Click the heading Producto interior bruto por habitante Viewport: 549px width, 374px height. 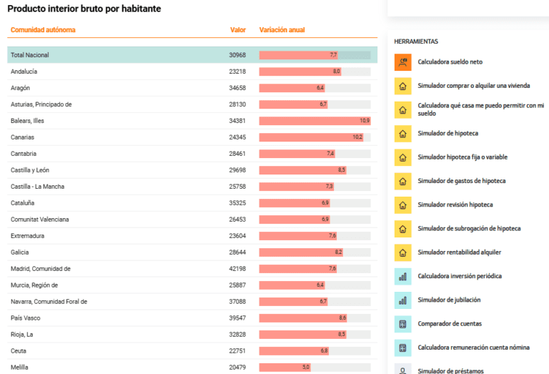click(x=84, y=9)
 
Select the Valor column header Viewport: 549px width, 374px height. click(x=238, y=30)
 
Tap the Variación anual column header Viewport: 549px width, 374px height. click(x=282, y=30)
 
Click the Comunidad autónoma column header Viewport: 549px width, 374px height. click(x=43, y=30)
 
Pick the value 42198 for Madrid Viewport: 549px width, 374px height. click(x=237, y=269)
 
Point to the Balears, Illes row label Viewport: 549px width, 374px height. click(x=27, y=121)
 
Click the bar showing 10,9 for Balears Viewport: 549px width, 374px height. click(x=315, y=121)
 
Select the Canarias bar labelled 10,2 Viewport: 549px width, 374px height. click(x=311, y=137)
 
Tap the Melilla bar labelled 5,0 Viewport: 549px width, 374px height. click(x=285, y=368)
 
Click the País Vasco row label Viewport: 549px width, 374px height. click(x=26, y=318)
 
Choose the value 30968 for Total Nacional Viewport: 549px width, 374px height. click(x=237, y=55)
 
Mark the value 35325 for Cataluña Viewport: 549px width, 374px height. click(x=237, y=203)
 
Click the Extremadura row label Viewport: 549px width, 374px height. click(x=27, y=236)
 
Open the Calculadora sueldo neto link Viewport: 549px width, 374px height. click(x=450, y=62)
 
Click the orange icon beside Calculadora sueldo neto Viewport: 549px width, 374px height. click(x=403, y=62)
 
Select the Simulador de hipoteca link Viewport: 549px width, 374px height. click(x=447, y=134)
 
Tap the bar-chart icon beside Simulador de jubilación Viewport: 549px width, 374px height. click(x=403, y=300)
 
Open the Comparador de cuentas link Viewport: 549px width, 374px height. click(x=450, y=324)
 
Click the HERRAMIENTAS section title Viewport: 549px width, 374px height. click(x=416, y=41)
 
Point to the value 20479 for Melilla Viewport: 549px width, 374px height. click(x=237, y=368)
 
